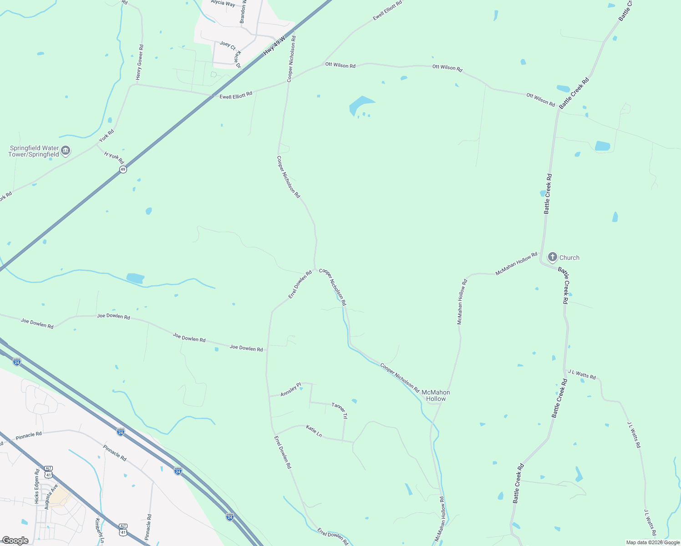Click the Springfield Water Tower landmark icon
(66, 151)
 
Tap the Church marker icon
(552, 257)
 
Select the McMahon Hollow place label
(436, 395)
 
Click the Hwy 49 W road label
(274, 46)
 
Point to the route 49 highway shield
(123, 169)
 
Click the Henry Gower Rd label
(140, 63)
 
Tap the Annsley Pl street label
(290, 389)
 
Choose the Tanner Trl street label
(340, 410)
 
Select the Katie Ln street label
(314, 431)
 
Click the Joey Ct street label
(228, 45)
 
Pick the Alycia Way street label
(223, 4)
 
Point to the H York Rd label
(114, 157)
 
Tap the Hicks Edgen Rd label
(37, 486)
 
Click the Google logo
(15, 541)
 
